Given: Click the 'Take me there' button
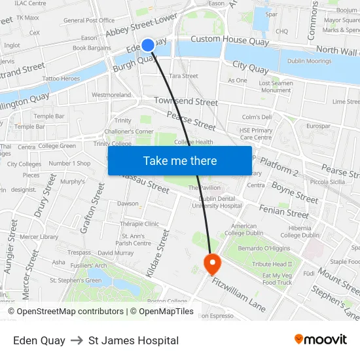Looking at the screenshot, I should [180, 160].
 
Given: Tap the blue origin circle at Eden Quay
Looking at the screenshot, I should [148, 45].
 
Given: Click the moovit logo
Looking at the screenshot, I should [320, 340].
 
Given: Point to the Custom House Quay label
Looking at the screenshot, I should [229, 39].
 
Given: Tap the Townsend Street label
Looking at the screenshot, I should [186, 101].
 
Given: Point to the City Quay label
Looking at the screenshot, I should [250, 67].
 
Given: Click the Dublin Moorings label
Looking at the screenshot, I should [309, 61].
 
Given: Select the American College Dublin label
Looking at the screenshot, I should [244, 230].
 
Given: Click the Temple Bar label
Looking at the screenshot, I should [48, 116].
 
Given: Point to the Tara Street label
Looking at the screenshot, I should [183, 76].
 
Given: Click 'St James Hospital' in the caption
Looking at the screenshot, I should [134, 340].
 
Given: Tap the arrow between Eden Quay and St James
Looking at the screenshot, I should [77, 340].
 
